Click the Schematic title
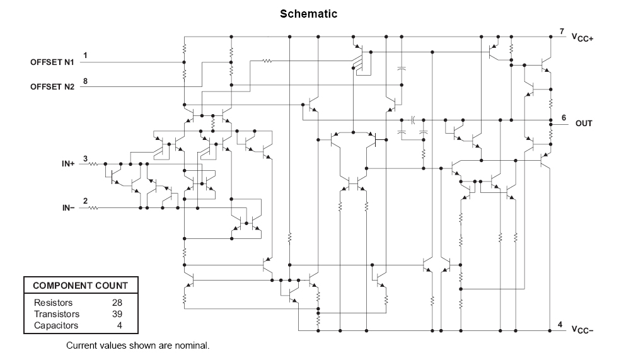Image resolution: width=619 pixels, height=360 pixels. pos(308,14)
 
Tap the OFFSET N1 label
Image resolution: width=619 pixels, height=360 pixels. pos(52,62)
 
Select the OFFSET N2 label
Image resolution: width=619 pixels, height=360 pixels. pos(52,87)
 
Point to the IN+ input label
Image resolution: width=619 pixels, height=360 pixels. pos(68,164)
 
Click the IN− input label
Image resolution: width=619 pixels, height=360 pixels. pos(68,208)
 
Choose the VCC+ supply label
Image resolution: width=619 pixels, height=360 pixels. pos(582,38)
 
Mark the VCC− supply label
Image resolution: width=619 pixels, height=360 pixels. pos(582,330)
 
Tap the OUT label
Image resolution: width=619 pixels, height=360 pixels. pos(584,124)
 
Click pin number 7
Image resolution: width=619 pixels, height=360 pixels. pos(562,31)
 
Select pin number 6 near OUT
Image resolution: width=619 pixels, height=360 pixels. pos(564,118)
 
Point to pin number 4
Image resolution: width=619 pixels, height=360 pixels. pos(560,325)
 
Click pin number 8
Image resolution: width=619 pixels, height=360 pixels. pos(85,81)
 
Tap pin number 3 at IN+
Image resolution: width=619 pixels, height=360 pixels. pos(85,159)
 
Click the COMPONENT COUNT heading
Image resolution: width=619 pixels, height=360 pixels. pos(81,286)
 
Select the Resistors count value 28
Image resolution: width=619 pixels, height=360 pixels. pos(117,303)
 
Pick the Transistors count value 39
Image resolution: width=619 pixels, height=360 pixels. pos(117,314)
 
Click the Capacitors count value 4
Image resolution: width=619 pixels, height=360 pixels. pos(120,326)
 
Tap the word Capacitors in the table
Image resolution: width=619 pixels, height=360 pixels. pos(56,326)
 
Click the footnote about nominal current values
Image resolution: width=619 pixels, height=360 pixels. pos(138,345)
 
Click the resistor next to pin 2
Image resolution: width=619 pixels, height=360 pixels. pos(93,208)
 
